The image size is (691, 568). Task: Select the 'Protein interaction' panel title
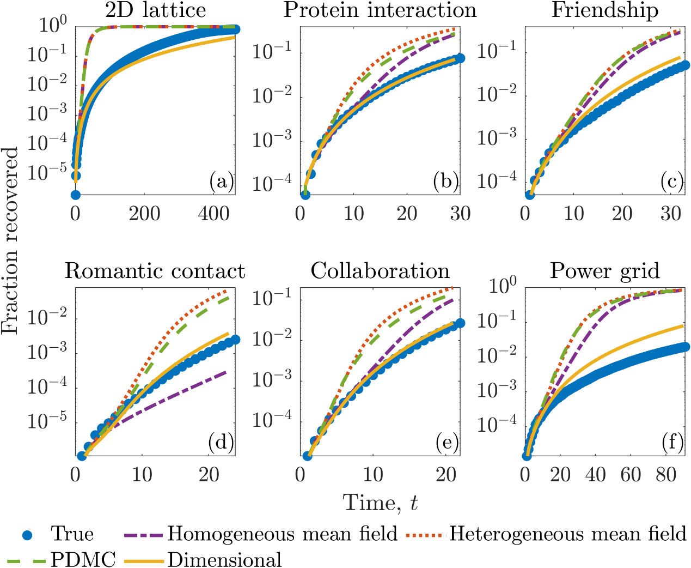(380, 10)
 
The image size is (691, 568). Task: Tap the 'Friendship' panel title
(604, 10)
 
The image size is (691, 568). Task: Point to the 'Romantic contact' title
(155, 271)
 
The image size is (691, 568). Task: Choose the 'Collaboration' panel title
(380, 271)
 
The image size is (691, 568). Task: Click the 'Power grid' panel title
(604, 271)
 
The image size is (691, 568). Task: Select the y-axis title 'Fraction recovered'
(10, 240)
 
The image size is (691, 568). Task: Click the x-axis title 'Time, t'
(380, 502)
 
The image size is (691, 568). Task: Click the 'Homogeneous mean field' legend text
(282, 534)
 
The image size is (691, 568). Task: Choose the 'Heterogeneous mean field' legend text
(567, 534)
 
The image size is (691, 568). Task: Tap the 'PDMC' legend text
(83, 559)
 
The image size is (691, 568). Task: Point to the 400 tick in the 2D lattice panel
(214, 213)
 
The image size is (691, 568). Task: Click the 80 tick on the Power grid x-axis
(666, 475)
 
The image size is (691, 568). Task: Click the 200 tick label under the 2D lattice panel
(145, 213)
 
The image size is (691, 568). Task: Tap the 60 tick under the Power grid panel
(631, 475)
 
